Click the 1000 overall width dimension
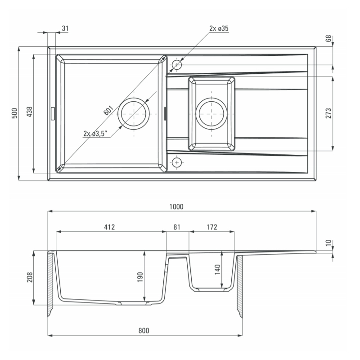tap(176, 207)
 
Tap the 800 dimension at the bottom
tap(144, 331)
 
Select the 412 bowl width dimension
tap(109, 227)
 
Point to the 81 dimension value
tap(176, 227)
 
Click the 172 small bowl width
tap(211, 227)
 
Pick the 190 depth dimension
tap(140, 277)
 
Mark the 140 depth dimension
tap(217, 269)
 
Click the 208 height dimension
tap(30, 277)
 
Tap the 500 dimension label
tap(14, 113)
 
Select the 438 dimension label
tap(30, 112)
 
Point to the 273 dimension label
tap(328, 113)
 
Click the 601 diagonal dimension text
tap(108, 110)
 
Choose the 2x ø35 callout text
tap(219, 28)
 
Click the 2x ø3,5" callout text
tap(95, 134)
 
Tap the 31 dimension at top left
tap(65, 28)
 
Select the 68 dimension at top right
tap(328, 38)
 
